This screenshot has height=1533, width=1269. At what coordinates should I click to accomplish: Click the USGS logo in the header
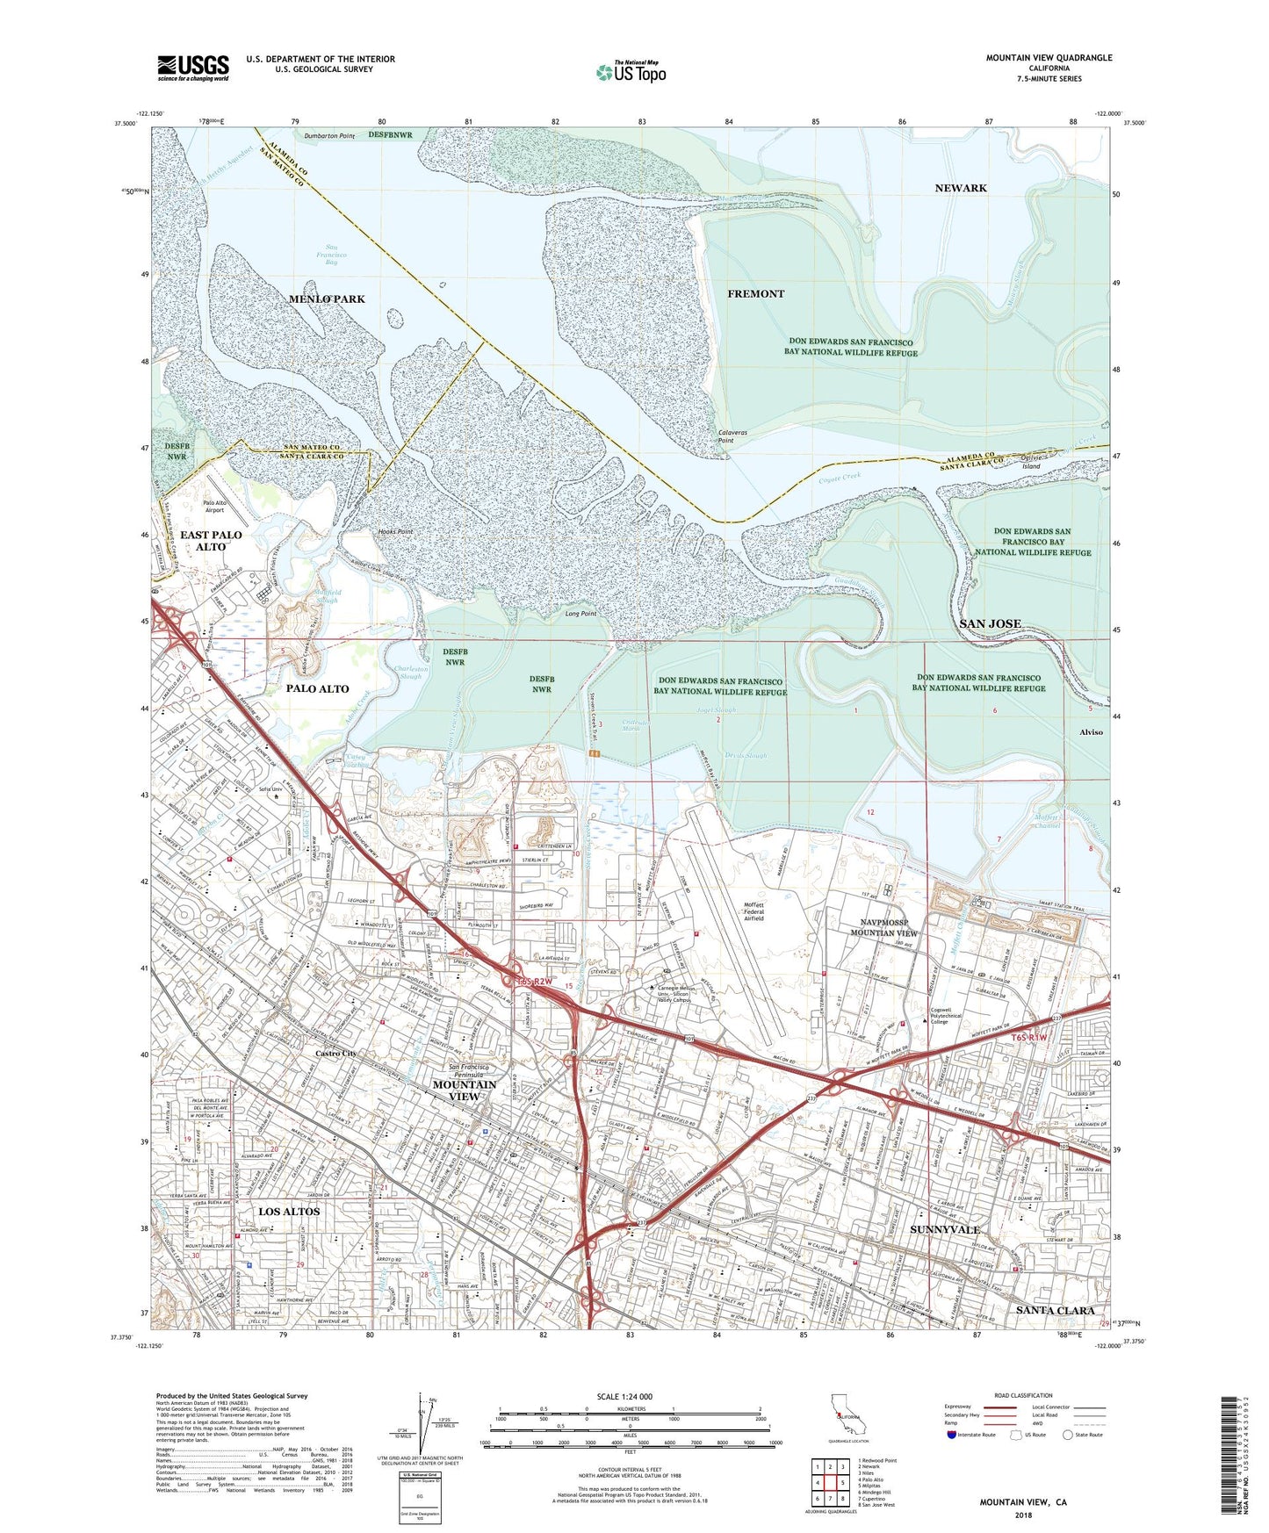pyautogui.click(x=193, y=68)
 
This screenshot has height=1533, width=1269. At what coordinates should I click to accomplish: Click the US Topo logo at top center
pyautogui.click(x=631, y=72)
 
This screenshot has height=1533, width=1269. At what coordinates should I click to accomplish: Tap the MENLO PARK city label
pyautogui.click(x=327, y=299)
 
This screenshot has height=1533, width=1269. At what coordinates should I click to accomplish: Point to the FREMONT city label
pyautogui.click(x=755, y=293)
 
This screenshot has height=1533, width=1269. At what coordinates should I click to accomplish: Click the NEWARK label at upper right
pyautogui.click(x=961, y=188)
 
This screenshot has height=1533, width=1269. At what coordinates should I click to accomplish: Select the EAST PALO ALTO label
pyautogui.click(x=211, y=540)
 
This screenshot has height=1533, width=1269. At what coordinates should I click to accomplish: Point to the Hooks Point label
pyautogui.click(x=394, y=532)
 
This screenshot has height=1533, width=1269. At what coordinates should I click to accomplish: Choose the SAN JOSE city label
pyautogui.click(x=990, y=623)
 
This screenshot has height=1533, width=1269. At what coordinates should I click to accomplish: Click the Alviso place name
pyautogui.click(x=1091, y=731)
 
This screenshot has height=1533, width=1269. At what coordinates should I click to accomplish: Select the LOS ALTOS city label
pyautogui.click(x=289, y=1212)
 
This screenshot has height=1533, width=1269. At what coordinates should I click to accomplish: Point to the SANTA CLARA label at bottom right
pyautogui.click(x=1055, y=1310)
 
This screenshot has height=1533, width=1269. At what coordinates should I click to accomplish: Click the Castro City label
pyautogui.click(x=335, y=1053)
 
